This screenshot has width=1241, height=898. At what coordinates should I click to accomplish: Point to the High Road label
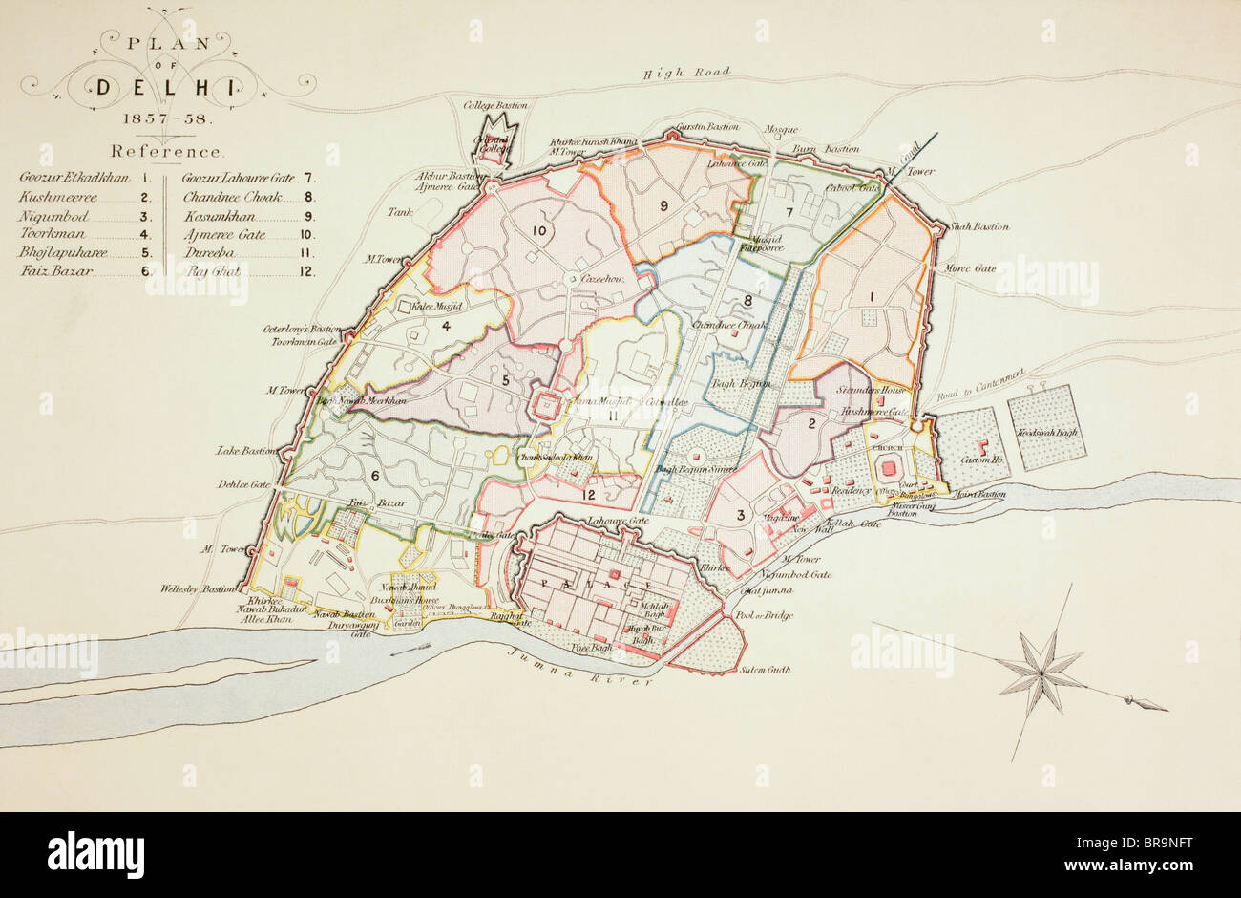686,73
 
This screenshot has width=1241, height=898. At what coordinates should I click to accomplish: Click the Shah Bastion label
978,227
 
